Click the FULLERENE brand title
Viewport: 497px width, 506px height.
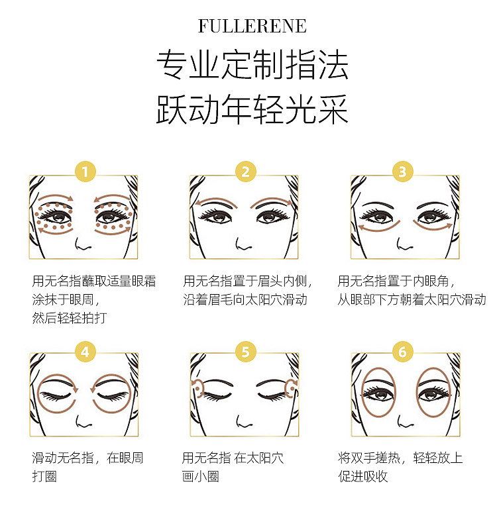252,26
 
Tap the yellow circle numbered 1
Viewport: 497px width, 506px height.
85,172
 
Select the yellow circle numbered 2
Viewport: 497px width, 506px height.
245,172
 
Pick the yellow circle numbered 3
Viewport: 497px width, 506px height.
402,172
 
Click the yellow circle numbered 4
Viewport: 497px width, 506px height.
85,352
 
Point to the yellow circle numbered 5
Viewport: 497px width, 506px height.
245,352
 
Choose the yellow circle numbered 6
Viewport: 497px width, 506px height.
402,352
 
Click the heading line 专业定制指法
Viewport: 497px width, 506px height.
252,64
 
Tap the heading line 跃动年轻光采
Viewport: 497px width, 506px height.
252,109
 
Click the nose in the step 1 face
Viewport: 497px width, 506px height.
82,244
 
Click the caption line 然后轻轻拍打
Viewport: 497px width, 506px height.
70,318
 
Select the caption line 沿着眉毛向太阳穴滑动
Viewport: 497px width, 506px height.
245,300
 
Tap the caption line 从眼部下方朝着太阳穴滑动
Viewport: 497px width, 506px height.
412,300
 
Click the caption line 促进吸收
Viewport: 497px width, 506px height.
363,476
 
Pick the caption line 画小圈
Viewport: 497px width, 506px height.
201,476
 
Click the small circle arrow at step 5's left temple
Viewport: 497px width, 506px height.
197,388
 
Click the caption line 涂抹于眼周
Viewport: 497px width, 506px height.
66,300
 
